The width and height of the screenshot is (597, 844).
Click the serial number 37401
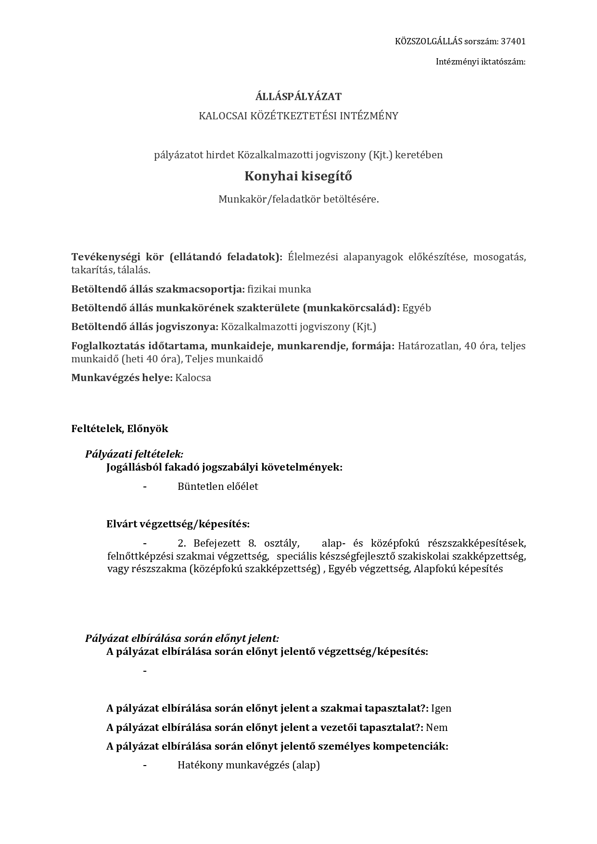pos(513,41)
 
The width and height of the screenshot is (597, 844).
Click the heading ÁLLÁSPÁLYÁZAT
pos(298,97)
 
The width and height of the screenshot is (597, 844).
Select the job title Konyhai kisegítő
pos(298,176)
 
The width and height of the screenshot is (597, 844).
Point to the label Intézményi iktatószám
pos(480,62)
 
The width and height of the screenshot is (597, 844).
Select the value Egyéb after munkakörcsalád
pos(417,308)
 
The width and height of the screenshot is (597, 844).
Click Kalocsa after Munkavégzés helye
pos(193,378)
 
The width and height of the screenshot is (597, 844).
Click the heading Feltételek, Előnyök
pos(120,429)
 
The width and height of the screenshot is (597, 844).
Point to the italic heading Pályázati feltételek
pos(134,454)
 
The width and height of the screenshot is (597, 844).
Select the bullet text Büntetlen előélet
pos(217,486)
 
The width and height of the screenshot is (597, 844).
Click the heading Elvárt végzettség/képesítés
pos(178,524)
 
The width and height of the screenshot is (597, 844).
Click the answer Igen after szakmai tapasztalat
pos(441,708)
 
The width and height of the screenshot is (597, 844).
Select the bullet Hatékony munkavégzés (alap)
pos(248,765)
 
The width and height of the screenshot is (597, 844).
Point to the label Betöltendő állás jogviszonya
pos(144,327)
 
